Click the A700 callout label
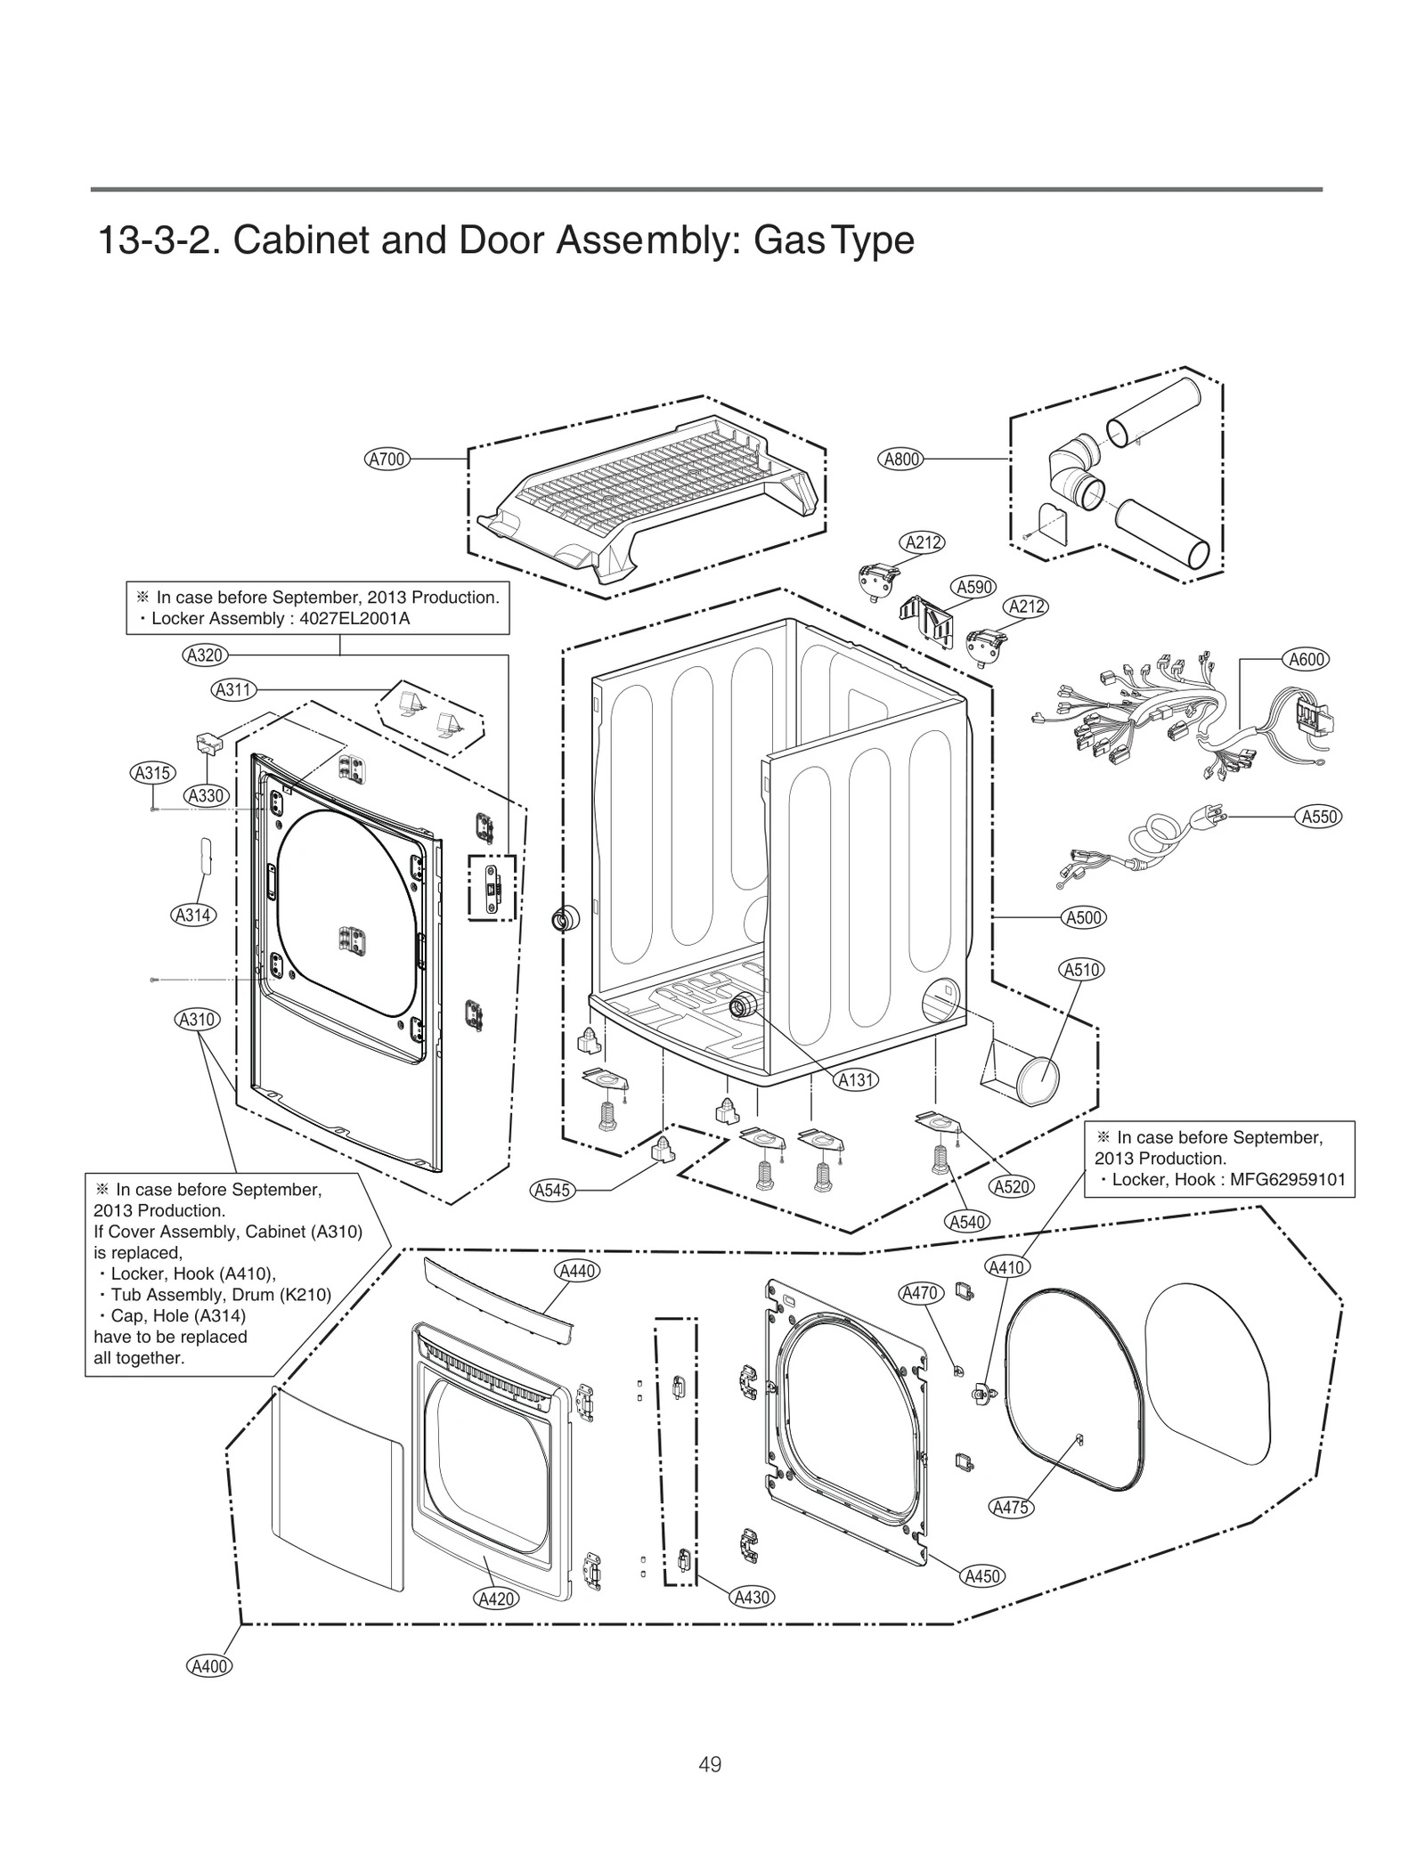tap(387, 460)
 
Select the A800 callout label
tap(900, 460)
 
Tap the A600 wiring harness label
tap(1307, 660)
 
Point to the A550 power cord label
tap(1320, 817)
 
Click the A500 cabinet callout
tap(1084, 918)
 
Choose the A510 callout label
tap(1082, 970)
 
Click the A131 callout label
tap(856, 1080)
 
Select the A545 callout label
tap(551, 1190)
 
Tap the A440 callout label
tap(576, 1271)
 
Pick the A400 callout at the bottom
tap(209, 1666)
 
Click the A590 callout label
tap(973, 588)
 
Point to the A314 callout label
tap(192, 915)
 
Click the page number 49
tap(710, 1764)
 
